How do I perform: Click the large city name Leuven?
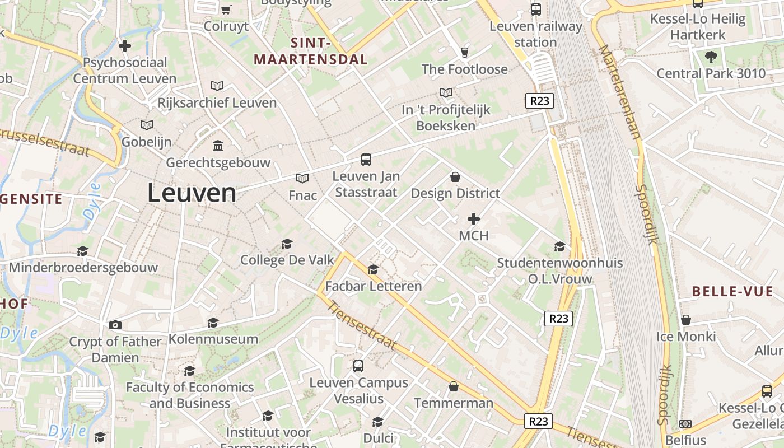click(192, 193)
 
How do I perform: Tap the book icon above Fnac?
click(302, 178)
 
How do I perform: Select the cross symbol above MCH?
click(474, 219)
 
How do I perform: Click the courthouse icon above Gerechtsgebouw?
click(218, 146)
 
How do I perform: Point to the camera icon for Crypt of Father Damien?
click(115, 325)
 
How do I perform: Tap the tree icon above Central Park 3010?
click(711, 57)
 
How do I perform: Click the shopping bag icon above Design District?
click(455, 177)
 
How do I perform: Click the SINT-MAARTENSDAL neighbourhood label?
click(311, 51)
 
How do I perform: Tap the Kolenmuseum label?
click(213, 339)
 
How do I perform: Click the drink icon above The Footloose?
click(464, 53)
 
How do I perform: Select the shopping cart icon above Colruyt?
click(226, 10)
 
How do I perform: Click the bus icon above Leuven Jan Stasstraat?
click(366, 160)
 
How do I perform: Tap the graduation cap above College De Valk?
click(287, 244)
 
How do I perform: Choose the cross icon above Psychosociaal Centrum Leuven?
click(125, 46)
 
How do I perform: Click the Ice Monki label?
click(686, 337)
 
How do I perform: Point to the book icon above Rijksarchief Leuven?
click(217, 86)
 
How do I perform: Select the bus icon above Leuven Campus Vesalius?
click(358, 366)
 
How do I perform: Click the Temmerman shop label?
click(454, 403)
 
